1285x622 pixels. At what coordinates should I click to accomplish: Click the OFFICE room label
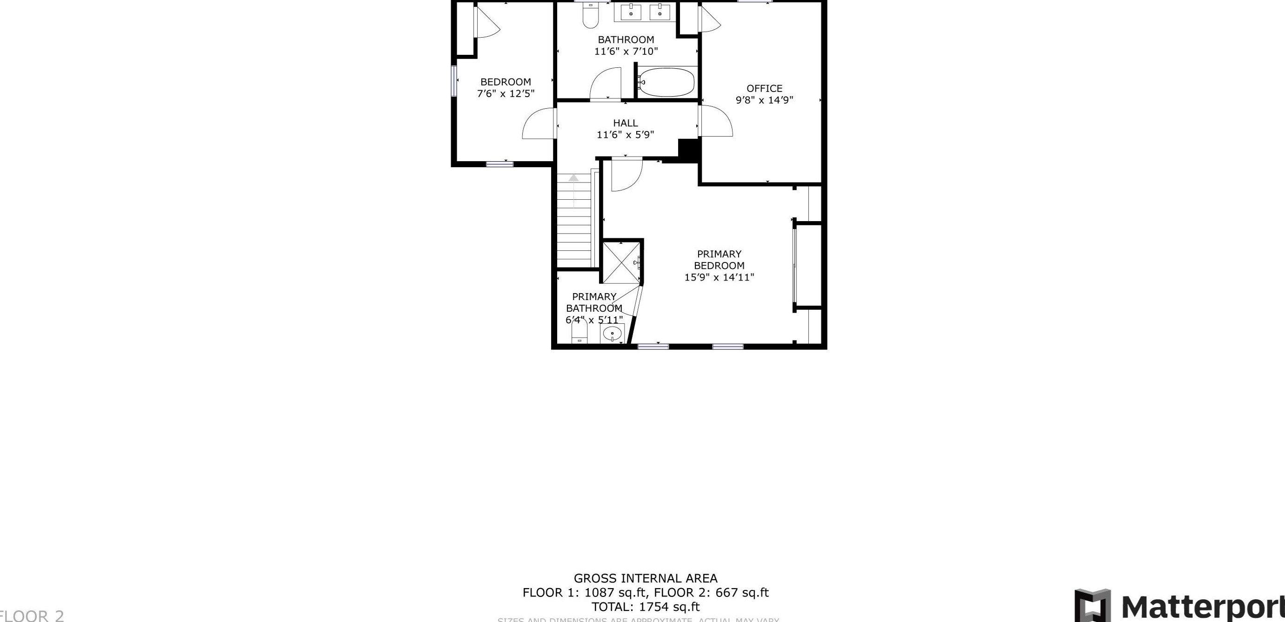point(764,88)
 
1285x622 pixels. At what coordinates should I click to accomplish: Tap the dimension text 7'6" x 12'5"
point(506,94)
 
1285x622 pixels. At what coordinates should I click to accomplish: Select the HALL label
point(625,123)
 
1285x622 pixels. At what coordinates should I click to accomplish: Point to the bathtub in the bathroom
point(666,82)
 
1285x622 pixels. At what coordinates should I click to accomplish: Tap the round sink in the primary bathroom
point(612,333)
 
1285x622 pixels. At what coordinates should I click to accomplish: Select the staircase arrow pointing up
point(573,178)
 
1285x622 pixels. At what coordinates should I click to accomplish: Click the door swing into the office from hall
point(716,122)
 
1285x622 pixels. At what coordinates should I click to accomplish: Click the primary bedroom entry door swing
point(626,175)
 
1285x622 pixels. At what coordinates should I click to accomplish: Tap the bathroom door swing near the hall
point(605,84)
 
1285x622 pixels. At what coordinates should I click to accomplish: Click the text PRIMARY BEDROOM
point(719,260)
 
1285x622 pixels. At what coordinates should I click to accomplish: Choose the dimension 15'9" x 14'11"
point(719,278)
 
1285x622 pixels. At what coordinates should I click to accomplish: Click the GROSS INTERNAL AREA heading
point(645,578)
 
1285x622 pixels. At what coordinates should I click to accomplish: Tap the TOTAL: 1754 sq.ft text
point(645,607)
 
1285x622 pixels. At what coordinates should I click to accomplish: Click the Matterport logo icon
point(1092,606)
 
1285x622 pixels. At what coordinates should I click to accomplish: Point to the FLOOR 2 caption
point(33,615)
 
